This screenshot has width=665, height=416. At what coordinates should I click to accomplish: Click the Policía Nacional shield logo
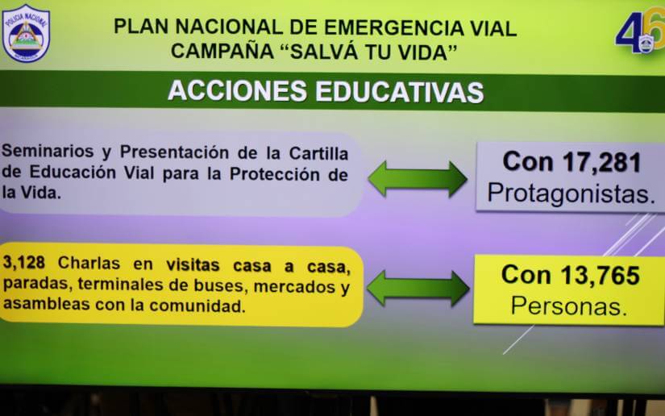tap(26, 33)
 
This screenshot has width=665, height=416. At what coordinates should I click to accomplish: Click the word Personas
tap(569, 306)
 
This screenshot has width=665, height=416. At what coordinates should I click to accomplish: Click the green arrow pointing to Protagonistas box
tap(417, 178)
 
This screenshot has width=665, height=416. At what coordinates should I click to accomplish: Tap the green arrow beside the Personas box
tap(417, 288)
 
